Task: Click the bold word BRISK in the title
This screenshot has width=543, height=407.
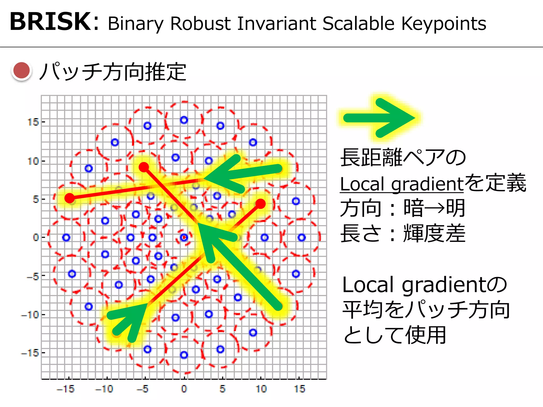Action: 50,22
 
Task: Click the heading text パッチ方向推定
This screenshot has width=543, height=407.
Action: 113,72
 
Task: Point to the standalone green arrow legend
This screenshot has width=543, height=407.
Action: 379,118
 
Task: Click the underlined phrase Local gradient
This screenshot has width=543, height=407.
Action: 402,184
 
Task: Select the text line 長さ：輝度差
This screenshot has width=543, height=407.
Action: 403,233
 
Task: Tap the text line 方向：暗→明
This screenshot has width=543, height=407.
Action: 403,208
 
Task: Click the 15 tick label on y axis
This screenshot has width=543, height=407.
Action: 33,122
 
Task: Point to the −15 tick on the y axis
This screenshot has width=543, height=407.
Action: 30,353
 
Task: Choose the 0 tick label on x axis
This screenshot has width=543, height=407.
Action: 184,389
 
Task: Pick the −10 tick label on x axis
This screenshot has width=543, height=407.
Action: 104,389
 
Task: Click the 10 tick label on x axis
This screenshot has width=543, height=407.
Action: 261,389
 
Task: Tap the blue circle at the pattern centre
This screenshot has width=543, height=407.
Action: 184,237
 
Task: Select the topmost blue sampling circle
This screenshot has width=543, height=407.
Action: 184,120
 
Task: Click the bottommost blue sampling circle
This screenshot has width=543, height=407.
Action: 184,355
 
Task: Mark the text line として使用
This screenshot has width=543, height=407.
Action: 395,335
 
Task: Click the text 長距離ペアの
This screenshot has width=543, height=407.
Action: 403,158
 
